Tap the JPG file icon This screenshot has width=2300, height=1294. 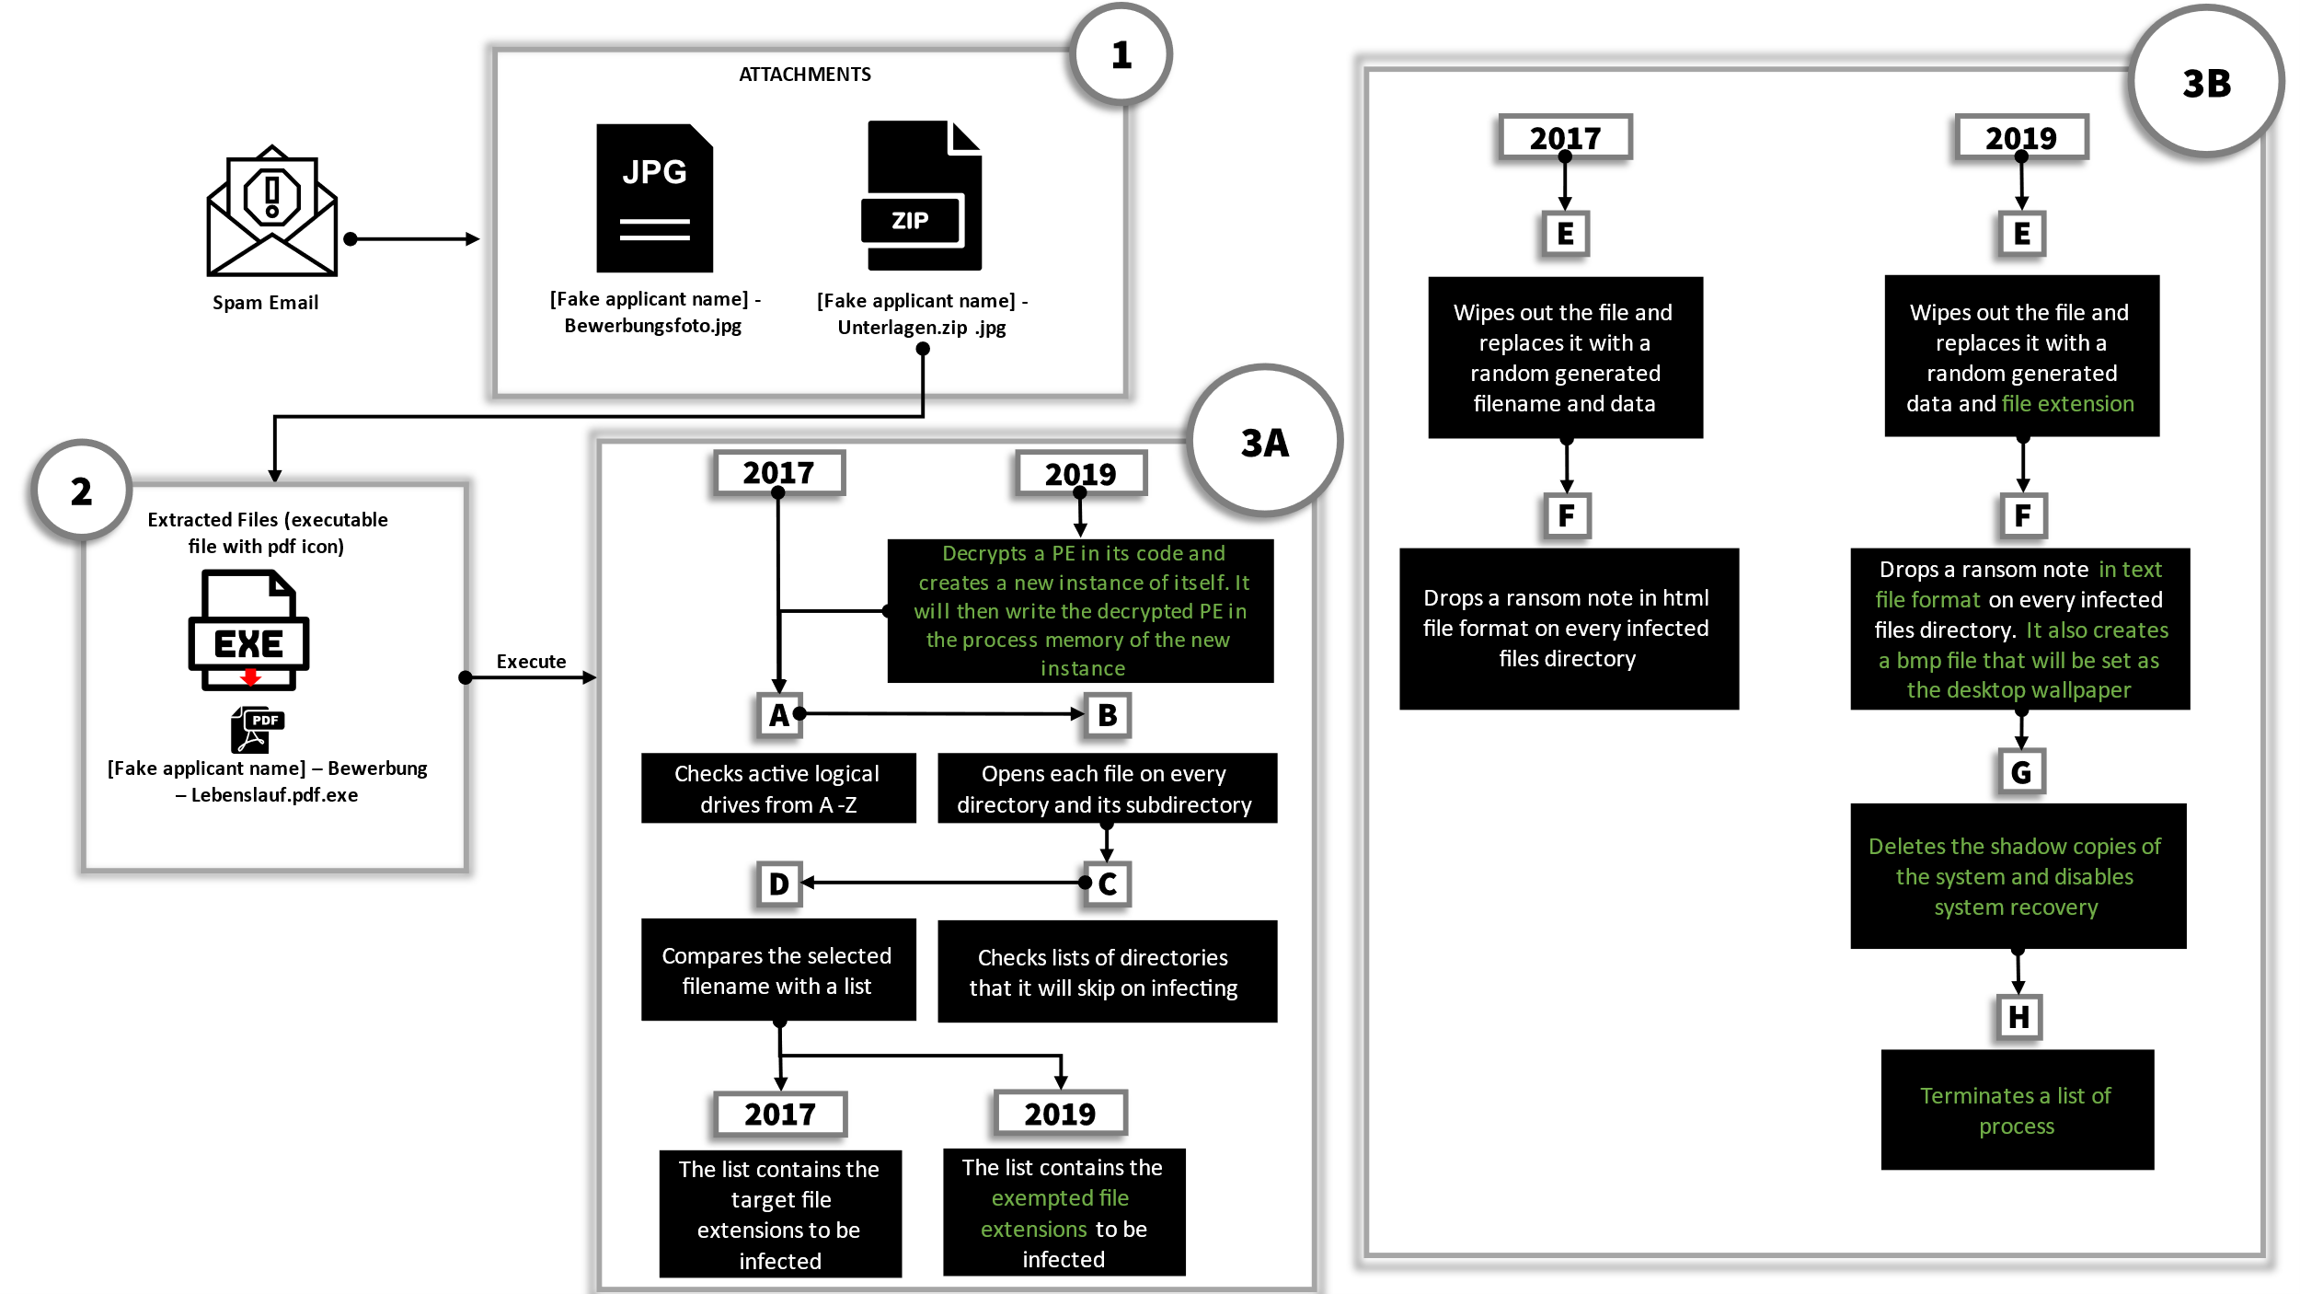(x=654, y=198)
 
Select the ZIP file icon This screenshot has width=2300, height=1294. (x=923, y=195)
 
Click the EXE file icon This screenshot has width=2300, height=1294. (x=248, y=630)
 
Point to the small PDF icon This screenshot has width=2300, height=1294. (x=257, y=730)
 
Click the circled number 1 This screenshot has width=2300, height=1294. (x=1121, y=55)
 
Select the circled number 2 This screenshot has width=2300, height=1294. (x=82, y=491)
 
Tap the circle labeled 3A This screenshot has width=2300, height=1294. (x=1265, y=443)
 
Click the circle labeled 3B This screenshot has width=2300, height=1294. (x=2206, y=83)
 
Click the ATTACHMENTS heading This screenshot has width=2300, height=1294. (x=805, y=75)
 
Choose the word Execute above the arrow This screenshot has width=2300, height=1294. (x=531, y=661)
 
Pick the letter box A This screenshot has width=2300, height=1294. (x=779, y=715)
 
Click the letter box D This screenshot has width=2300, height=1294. (x=779, y=884)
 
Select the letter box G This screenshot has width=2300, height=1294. (x=2020, y=772)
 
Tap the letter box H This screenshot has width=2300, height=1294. (x=2018, y=1017)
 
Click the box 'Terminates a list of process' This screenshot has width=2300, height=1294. (x=2017, y=1110)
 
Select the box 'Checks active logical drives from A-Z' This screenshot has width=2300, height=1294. (x=778, y=789)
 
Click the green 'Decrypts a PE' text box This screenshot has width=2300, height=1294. (x=1080, y=610)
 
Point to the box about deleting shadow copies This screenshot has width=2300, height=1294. (x=2018, y=876)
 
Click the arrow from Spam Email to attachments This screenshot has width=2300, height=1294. (x=414, y=239)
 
